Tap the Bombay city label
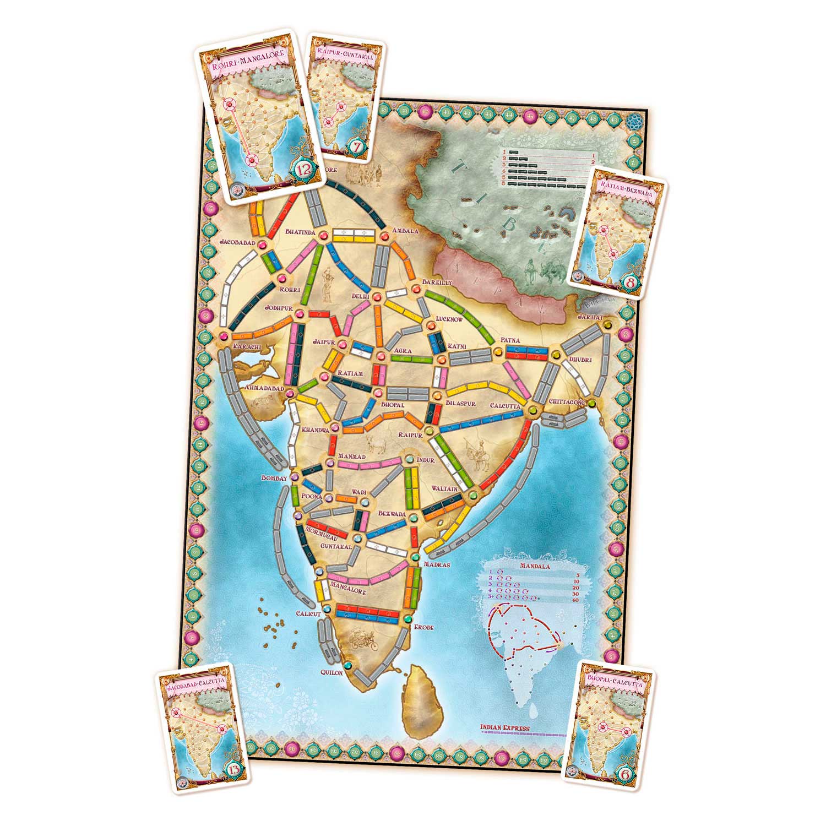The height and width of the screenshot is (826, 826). pyautogui.click(x=275, y=479)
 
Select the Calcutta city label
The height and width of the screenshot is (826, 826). pyautogui.click(x=505, y=406)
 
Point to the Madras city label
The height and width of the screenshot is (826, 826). pyautogui.click(x=437, y=564)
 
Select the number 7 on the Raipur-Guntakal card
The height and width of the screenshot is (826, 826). pyautogui.click(x=356, y=147)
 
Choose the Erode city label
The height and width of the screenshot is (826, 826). pyautogui.click(x=423, y=627)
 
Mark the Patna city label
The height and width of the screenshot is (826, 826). pyautogui.click(x=510, y=341)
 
